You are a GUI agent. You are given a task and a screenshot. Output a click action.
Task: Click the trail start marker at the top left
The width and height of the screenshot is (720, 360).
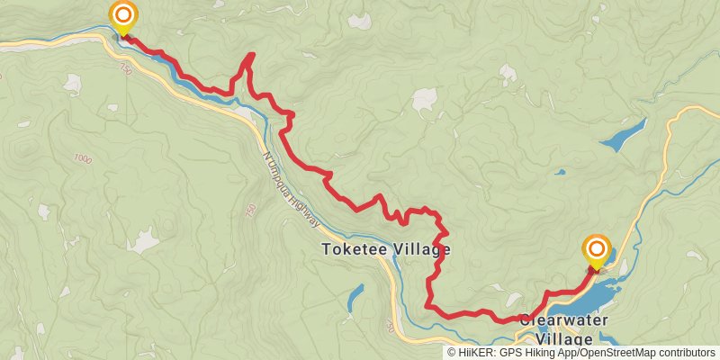click(x=122, y=16)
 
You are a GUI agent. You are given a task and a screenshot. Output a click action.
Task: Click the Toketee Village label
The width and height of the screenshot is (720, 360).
click(x=385, y=249)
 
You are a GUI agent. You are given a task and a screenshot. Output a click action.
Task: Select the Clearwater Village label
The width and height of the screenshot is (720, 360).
click(x=563, y=329)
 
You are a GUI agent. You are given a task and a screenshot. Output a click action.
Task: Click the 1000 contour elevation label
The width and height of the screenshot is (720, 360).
click(x=84, y=158)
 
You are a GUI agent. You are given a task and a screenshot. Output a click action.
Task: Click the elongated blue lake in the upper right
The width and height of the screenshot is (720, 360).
click(x=623, y=134)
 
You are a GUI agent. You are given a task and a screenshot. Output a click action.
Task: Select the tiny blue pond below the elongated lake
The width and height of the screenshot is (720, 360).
click(x=560, y=171)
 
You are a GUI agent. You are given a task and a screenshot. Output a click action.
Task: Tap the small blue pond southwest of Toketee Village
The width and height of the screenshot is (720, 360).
click(x=355, y=296)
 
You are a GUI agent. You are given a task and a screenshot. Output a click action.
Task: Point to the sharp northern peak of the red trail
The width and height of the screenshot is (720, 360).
click(x=251, y=56)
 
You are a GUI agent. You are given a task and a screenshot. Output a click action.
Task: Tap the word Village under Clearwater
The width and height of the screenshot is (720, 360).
click(x=564, y=339)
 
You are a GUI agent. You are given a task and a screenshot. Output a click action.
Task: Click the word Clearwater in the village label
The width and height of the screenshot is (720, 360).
click(x=563, y=320)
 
